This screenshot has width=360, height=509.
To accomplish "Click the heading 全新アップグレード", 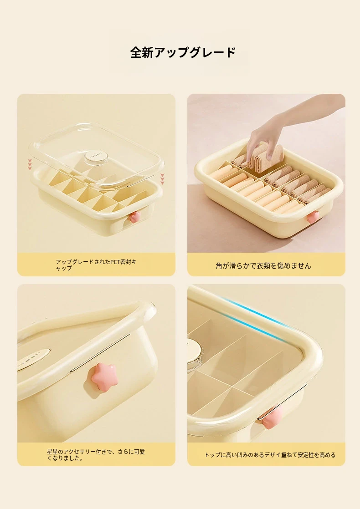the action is click(x=183, y=52).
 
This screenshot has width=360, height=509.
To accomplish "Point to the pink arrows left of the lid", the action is click(x=30, y=164).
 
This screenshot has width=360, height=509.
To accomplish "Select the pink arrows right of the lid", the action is click(x=162, y=179).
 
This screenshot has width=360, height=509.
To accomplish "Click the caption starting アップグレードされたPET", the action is click(x=96, y=265).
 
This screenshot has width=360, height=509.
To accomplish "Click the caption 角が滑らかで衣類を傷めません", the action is click(x=263, y=265).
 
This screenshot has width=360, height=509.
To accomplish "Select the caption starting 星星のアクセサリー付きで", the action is click(x=96, y=454).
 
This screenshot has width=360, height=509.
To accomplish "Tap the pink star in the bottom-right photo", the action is click(x=272, y=418).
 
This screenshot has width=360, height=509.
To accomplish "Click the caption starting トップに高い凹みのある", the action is click(x=270, y=455).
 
